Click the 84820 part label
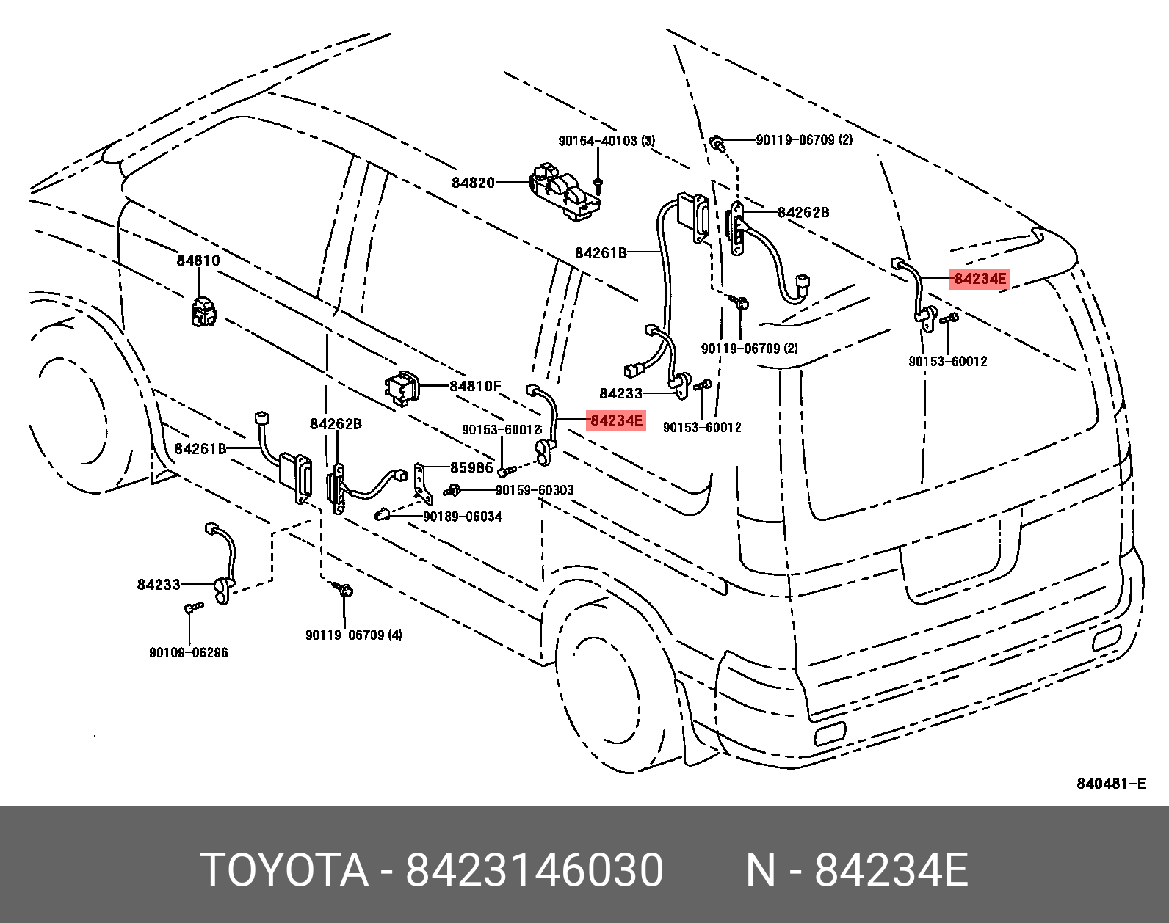[473, 183]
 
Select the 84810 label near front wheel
[198, 260]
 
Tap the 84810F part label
[475, 386]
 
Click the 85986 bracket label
[471, 467]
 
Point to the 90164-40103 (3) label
[607, 141]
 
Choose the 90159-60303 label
[535, 490]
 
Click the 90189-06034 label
[463, 517]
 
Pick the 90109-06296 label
[189, 652]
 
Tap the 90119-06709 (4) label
[354, 635]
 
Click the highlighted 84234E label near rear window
[980, 279]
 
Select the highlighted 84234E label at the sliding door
[616, 420]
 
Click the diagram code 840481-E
[1111, 784]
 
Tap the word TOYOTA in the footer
[284, 870]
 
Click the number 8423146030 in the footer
[535, 870]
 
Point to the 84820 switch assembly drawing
[565, 193]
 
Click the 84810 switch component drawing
[203, 311]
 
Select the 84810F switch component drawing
[403, 388]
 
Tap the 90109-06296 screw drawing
[194, 608]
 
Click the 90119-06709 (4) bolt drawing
[343, 589]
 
